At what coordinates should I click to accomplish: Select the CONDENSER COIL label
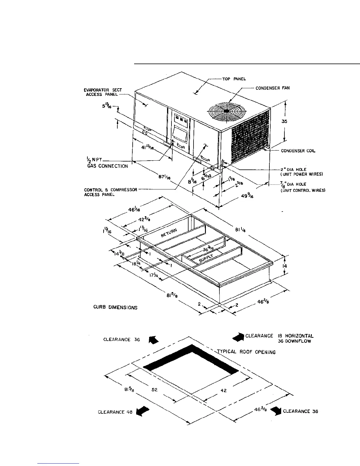pyautogui.click(x=298, y=151)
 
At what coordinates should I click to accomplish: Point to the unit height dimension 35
pyautogui.click(x=284, y=121)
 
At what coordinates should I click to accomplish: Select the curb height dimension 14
pyautogui.click(x=284, y=266)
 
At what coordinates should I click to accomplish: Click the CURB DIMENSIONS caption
pyautogui.click(x=115, y=307)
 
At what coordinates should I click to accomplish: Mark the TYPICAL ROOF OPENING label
pyautogui.click(x=246, y=352)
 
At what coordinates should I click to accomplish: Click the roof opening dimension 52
pyautogui.click(x=155, y=390)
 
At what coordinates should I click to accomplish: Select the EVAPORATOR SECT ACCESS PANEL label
pyautogui.click(x=102, y=92)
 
